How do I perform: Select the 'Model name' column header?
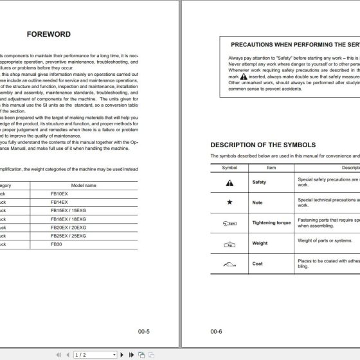click(x=82, y=184)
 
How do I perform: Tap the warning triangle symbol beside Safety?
click(x=230, y=183)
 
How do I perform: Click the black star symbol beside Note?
click(x=230, y=203)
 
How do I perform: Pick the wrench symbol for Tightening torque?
click(x=230, y=223)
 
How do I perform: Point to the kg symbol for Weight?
click(x=230, y=244)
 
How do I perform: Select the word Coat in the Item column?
click(x=258, y=264)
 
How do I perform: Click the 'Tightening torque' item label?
click(x=271, y=223)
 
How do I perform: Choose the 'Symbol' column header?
click(x=230, y=167)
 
